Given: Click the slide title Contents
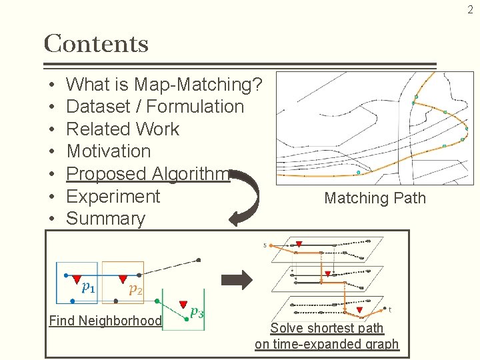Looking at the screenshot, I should (x=96, y=44).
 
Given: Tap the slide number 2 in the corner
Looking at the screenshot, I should (x=469, y=10).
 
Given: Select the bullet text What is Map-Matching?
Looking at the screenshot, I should (x=164, y=85).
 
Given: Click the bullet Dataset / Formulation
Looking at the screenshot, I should (x=155, y=107).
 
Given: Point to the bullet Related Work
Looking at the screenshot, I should (x=123, y=129).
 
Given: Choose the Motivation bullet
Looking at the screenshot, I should (x=109, y=151).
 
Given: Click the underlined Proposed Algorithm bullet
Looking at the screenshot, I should (x=148, y=173).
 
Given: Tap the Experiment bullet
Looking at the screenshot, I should (x=113, y=196).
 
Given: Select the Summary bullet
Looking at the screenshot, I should (x=106, y=218).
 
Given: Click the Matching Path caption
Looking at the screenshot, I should (x=375, y=198).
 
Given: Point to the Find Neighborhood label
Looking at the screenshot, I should (x=105, y=321).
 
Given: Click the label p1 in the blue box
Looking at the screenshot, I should (x=87, y=287).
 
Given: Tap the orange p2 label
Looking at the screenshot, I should (x=135, y=289).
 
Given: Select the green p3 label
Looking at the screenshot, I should (x=197, y=311).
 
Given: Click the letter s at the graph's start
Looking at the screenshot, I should (x=265, y=245).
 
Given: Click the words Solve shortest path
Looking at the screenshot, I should (x=327, y=328).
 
